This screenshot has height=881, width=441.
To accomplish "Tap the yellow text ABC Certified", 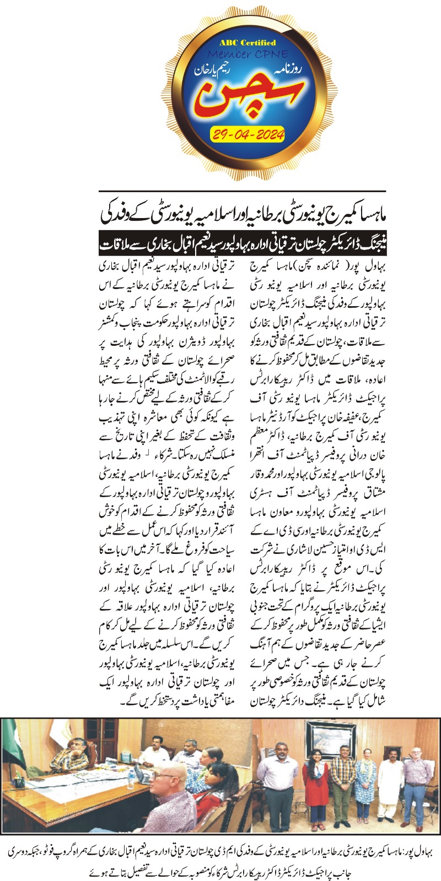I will [x=248, y=42].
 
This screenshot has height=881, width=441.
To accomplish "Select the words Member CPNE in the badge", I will [x=249, y=55].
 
